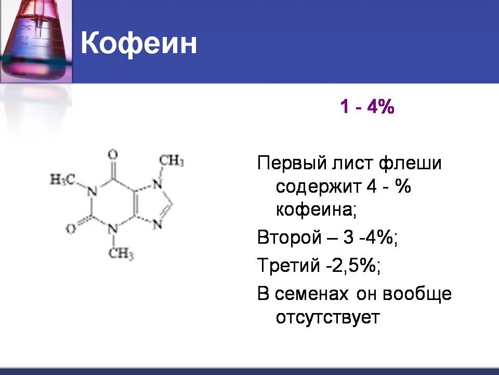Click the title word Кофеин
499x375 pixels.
coord(139,44)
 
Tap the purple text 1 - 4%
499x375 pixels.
coord(367,106)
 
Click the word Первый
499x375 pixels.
coord(293,163)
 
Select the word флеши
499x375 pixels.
coord(410,163)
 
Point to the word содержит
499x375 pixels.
coord(319,187)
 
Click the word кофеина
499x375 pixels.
coord(316,210)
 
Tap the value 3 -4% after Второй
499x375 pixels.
coord(370,238)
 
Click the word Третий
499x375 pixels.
coord(288,265)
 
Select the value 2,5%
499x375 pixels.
coord(356,266)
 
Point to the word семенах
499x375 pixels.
coord(312,294)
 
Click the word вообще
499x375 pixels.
coord(417,294)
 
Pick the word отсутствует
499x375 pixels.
coord(328,317)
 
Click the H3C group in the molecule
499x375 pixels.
coord(62,180)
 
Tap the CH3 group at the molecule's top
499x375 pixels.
coord(172,160)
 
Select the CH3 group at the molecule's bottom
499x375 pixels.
coord(121,254)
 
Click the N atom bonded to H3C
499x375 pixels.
coord(92,192)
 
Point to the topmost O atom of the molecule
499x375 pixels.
coord(113,155)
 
